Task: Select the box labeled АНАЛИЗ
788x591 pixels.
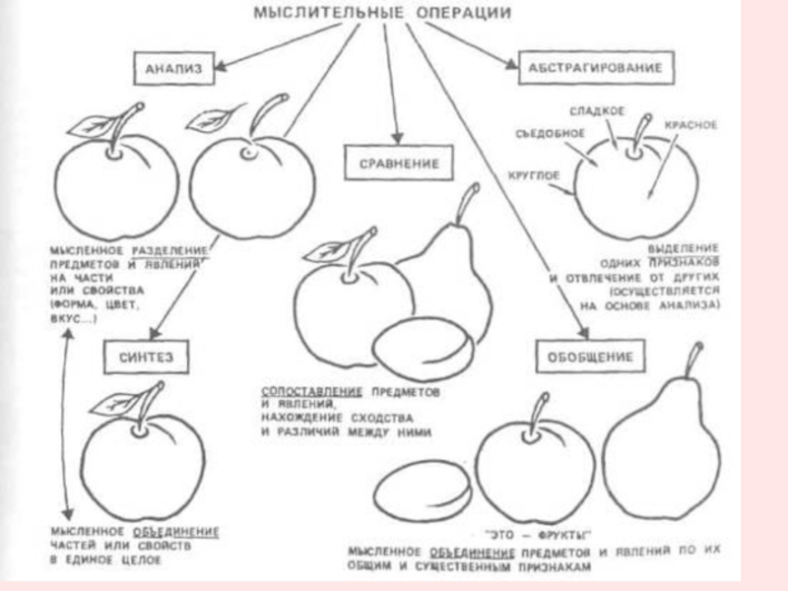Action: coord(173,68)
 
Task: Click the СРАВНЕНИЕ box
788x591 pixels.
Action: coord(392,164)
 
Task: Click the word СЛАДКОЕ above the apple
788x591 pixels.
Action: coord(597,112)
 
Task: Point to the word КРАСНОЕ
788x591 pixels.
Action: coord(689,127)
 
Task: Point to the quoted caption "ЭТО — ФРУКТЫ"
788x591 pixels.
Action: coord(518,532)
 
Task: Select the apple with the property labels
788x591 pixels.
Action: coord(635,187)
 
